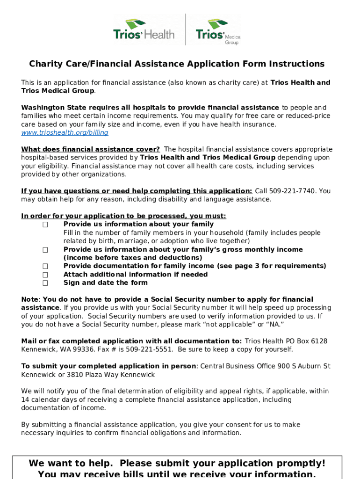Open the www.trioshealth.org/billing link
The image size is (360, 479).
tap(65, 132)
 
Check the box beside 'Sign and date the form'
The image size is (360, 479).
tap(45, 283)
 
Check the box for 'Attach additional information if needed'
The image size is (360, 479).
tap(45, 275)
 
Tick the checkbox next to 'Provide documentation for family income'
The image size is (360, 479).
tap(45, 266)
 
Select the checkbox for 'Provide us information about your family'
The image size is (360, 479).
tap(45, 225)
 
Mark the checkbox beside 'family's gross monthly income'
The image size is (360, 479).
tap(45, 250)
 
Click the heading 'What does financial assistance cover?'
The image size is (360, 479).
tap(90, 149)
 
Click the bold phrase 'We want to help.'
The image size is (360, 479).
tap(71, 464)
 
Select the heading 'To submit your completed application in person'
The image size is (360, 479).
tap(108, 366)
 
